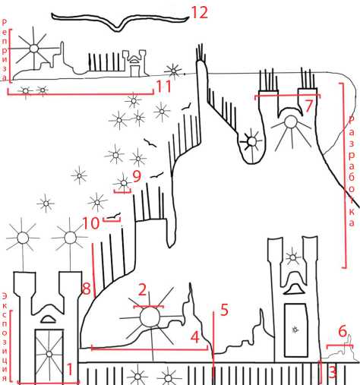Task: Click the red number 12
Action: click(x=200, y=13)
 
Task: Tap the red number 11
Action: click(x=163, y=87)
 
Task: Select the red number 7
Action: click(x=308, y=106)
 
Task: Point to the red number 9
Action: click(x=137, y=176)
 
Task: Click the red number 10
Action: click(x=92, y=223)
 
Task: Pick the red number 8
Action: click(x=87, y=289)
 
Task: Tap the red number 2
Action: click(x=142, y=289)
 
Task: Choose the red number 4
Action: click(x=195, y=337)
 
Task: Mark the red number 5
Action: click(x=225, y=310)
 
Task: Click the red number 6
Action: click(x=343, y=331)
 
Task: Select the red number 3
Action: click(x=333, y=372)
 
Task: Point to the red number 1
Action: click(x=69, y=369)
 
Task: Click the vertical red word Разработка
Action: click(x=352, y=172)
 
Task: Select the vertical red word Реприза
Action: click(x=5, y=49)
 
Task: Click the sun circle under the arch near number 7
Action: click(x=290, y=122)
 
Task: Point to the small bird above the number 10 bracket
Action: click(x=113, y=216)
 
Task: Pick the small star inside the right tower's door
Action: click(x=295, y=330)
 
